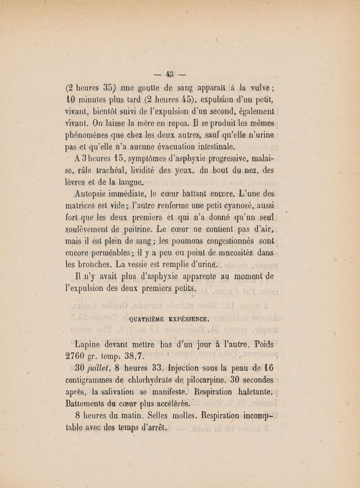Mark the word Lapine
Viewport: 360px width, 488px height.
click(88, 345)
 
